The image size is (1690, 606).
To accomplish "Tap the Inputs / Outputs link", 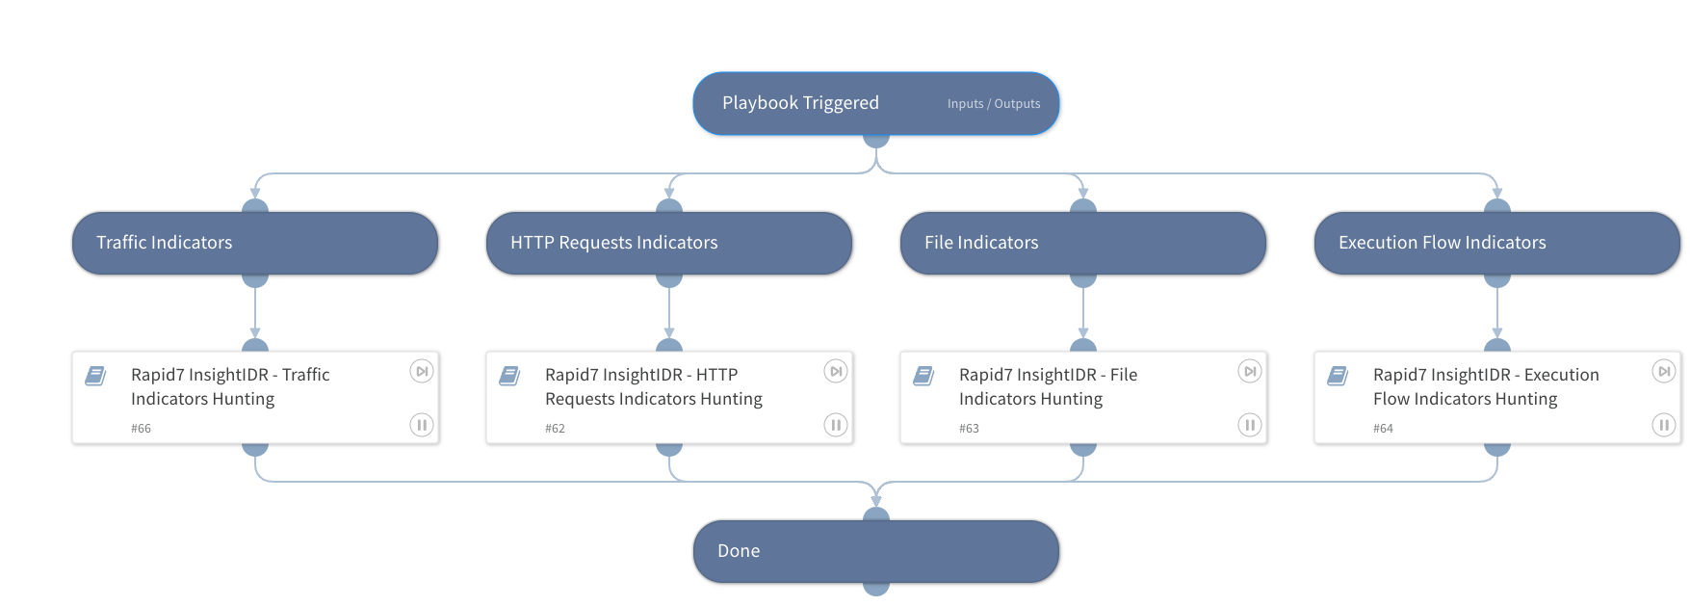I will (x=993, y=104).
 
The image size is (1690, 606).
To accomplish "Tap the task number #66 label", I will (x=141, y=429).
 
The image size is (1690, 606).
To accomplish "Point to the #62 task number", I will (x=555, y=429).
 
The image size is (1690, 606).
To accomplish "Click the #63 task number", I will (x=969, y=429).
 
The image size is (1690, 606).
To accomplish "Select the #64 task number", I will (x=1383, y=429).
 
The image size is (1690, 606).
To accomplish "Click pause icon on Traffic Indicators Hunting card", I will (x=422, y=425).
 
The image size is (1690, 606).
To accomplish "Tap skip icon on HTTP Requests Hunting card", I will (x=836, y=371).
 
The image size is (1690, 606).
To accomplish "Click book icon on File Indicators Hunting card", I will (x=923, y=376).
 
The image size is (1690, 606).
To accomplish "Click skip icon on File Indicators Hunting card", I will (x=1250, y=371).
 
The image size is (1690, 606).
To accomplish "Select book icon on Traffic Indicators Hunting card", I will (x=95, y=376).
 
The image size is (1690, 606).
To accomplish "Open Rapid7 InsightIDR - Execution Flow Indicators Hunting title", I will (x=1485, y=386).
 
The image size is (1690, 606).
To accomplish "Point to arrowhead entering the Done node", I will (x=876, y=499).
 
